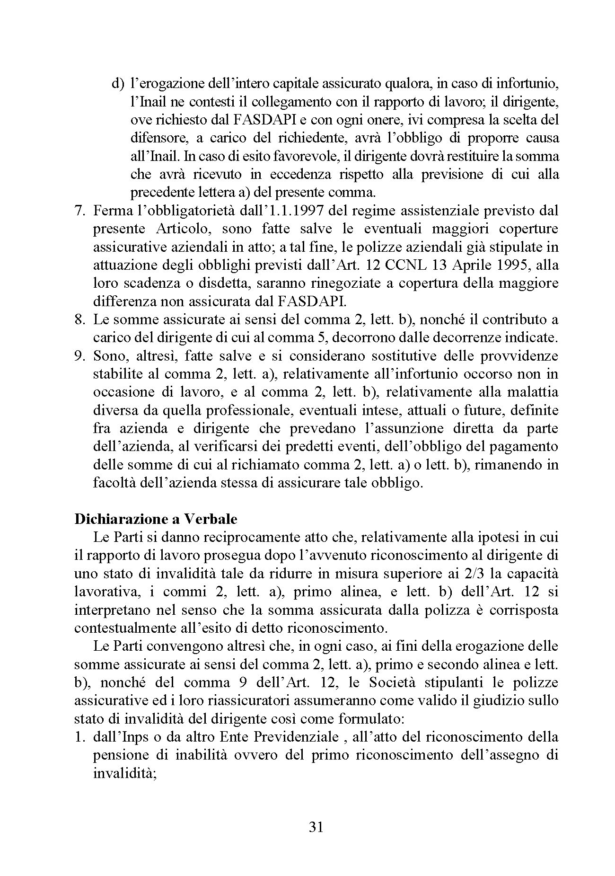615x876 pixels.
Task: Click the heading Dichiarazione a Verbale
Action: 156,519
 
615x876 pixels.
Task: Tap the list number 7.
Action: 80,210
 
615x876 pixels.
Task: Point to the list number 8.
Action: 80,319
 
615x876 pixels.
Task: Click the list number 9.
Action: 80,356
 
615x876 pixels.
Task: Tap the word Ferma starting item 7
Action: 111,210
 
